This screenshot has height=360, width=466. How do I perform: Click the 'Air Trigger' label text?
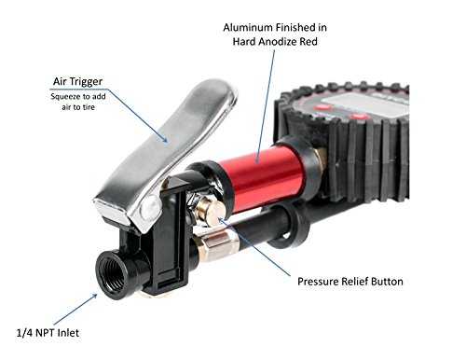point(77,81)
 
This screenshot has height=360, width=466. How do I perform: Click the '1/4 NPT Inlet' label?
point(48,333)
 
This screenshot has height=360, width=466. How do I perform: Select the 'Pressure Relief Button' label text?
point(350,282)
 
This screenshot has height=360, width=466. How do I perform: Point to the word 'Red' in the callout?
point(308,41)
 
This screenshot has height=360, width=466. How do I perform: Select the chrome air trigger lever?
point(166,149)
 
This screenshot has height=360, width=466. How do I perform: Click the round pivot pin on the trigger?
point(149,207)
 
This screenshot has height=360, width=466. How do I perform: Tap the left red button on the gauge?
point(322,108)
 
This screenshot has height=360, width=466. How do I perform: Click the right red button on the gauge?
point(359,117)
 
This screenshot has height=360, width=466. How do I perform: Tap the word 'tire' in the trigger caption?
point(89,107)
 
